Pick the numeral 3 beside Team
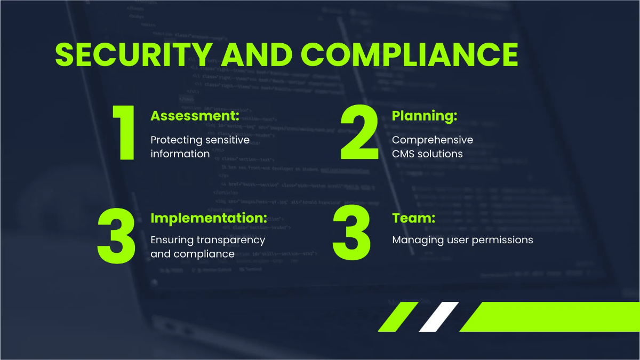tap(351, 233)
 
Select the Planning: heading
tap(425, 116)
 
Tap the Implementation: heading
tap(209, 218)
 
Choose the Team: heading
tap(413, 218)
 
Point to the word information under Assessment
tap(180, 154)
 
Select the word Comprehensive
tap(433, 140)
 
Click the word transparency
tap(235, 241)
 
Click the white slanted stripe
tap(438, 316)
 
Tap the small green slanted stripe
tap(398, 316)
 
